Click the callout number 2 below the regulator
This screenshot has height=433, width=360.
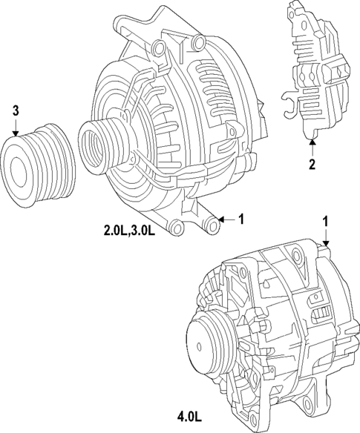312,163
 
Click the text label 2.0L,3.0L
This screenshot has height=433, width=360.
129,231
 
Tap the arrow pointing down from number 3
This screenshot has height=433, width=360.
15,127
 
